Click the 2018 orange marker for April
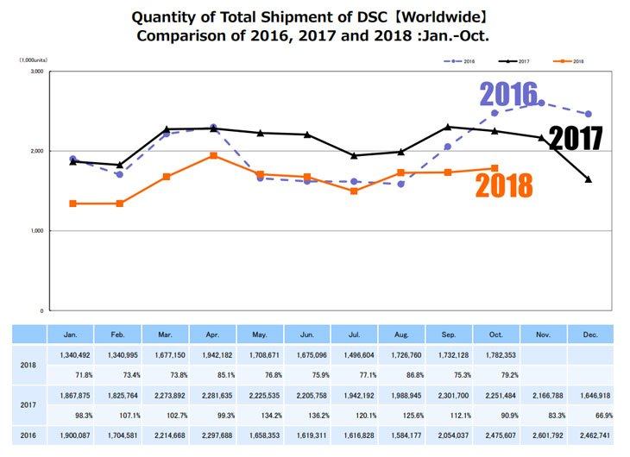[213, 155]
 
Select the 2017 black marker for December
[589, 179]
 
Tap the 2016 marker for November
[541, 103]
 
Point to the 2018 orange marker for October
[495, 168]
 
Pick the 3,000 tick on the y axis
[36, 72]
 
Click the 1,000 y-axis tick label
[36, 231]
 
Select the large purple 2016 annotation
[509, 93]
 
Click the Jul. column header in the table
[355, 334]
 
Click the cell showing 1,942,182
[213, 354]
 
